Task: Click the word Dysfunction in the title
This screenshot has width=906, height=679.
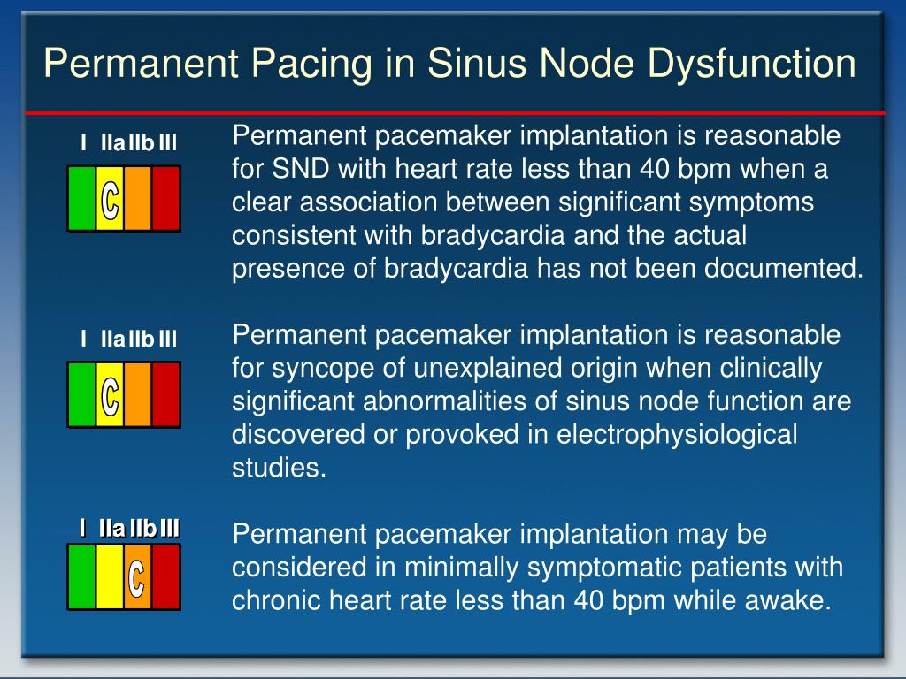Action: click(751, 65)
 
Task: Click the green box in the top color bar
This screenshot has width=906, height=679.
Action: click(82, 198)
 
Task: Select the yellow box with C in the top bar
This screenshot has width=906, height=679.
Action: click(110, 198)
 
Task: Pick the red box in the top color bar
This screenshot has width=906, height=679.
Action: click(165, 198)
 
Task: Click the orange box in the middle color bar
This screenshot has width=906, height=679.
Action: click(137, 394)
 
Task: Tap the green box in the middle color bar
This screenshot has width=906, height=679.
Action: click(82, 394)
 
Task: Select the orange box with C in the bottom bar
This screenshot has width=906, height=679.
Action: click(137, 576)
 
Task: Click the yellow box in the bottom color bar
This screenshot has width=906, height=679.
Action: click(110, 576)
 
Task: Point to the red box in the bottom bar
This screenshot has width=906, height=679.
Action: click(165, 576)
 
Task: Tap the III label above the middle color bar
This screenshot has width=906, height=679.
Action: click(167, 339)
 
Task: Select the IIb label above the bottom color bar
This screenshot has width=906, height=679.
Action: click(142, 529)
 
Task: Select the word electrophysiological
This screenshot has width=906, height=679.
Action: click(677, 435)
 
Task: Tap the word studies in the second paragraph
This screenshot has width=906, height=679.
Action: click(279, 468)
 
